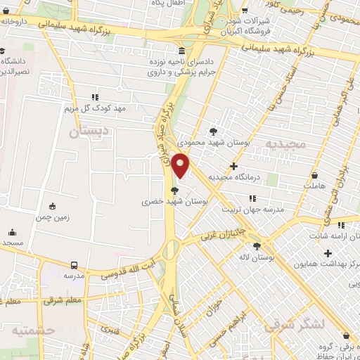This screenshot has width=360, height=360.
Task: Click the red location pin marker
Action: click(x=181, y=165)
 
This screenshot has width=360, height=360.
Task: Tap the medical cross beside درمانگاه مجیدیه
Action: click(x=233, y=166)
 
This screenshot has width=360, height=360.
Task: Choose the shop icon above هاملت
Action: click(x=314, y=174)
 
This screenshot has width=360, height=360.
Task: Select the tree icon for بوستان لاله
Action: click(x=256, y=246)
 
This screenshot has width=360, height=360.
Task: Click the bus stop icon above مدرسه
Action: click(x=75, y=265)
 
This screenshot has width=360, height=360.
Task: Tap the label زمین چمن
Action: click(x=53, y=218)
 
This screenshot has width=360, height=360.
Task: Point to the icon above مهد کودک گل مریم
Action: click(x=95, y=97)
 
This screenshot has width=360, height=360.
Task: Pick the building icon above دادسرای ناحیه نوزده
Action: click(x=182, y=51)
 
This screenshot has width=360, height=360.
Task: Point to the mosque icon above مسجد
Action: click(x=12, y=232)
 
